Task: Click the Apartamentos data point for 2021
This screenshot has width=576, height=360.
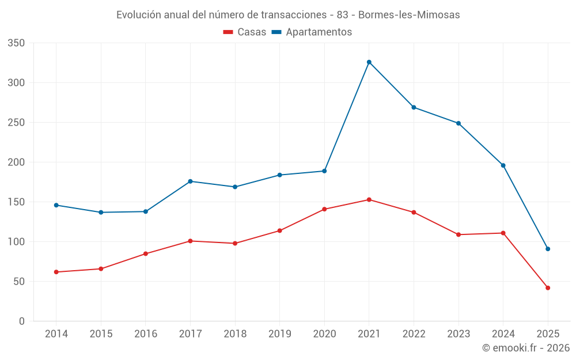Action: tap(369, 62)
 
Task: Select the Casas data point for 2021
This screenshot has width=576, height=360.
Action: tap(369, 200)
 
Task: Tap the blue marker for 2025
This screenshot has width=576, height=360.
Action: tap(548, 249)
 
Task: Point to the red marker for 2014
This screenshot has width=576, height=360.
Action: tap(56, 272)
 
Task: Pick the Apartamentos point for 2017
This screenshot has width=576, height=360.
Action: tap(191, 181)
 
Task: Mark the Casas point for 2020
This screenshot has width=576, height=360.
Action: tap(324, 209)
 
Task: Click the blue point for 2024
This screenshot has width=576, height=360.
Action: tap(503, 165)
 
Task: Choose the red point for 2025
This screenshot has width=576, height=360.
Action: tap(548, 288)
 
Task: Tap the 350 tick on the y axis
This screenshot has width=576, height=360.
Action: tap(17, 43)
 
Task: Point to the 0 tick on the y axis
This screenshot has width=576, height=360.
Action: tap(21, 321)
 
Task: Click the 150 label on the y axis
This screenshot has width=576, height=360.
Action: tap(17, 202)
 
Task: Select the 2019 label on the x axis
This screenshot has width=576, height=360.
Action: tap(280, 334)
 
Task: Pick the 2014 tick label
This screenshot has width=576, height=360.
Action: tap(56, 334)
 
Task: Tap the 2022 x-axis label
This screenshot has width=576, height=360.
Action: tap(414, 334)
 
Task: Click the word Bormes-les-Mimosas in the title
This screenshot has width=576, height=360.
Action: tap(409, 15)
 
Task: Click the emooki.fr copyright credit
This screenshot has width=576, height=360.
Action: tap(526, 348)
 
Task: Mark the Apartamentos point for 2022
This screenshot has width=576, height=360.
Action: tap(414, 107)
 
